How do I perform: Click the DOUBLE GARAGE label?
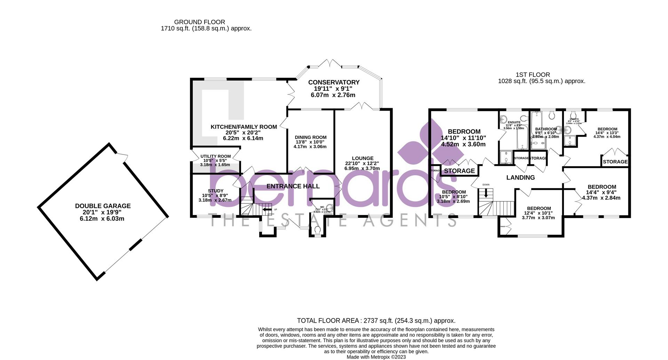(103, 206)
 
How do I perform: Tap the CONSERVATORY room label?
(334, 82)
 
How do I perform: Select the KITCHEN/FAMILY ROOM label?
(244, 127)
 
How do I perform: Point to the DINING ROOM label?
(310, 137)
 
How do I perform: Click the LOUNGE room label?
(362, 158)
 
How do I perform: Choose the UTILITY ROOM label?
(215, 157)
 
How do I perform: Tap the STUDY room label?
(215, 191)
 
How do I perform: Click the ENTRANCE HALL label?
(293, 186)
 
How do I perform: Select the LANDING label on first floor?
(520, 178)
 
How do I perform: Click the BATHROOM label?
(546, 129)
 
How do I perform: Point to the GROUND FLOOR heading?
(199, 22)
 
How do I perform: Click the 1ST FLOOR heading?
(533, 75)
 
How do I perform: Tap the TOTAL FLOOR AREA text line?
(376, 321)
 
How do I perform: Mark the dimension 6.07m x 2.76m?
(333, 95)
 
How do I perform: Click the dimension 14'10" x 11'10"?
(463, 138)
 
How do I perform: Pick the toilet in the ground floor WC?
(317, 230)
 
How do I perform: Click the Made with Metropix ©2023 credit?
(376, 357)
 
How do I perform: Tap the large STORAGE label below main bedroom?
(459, 171)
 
